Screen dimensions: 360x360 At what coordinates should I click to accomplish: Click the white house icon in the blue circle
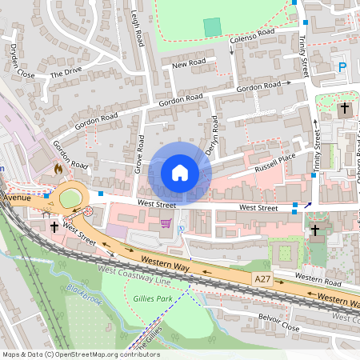tap(180, 173)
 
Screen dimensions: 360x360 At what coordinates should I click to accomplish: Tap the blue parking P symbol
tap(343, 68)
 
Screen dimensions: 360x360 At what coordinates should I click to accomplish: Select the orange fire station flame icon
tap(58, 170)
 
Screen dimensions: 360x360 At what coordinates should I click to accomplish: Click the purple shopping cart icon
tap(166, 224)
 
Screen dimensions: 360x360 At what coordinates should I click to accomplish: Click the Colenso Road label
tap(252, 37)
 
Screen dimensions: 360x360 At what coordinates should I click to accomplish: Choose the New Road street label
tap(189, 63)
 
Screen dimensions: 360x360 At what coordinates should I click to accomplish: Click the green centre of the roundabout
tap(70, 198)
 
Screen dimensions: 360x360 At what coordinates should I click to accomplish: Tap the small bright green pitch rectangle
tap(211, 26)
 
